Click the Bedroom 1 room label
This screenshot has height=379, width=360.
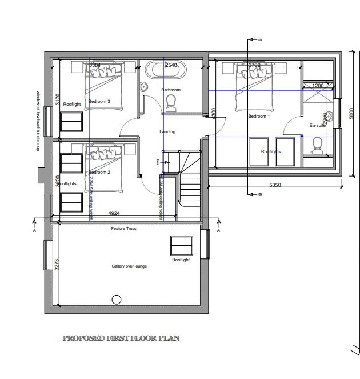258,116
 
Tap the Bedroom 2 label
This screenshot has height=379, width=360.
99,172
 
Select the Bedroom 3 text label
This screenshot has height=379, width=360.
99,101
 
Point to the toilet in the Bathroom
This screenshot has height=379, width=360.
170,103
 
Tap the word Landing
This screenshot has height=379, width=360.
167,132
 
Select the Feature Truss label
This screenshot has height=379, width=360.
123,229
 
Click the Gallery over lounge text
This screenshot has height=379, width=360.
129,266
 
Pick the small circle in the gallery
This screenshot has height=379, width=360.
117,300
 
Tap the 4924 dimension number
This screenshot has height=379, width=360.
114,214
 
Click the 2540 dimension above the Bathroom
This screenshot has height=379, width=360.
171,66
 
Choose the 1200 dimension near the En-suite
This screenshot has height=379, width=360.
318,86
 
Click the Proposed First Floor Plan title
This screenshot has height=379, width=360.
121,338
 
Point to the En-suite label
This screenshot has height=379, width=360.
317,125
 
